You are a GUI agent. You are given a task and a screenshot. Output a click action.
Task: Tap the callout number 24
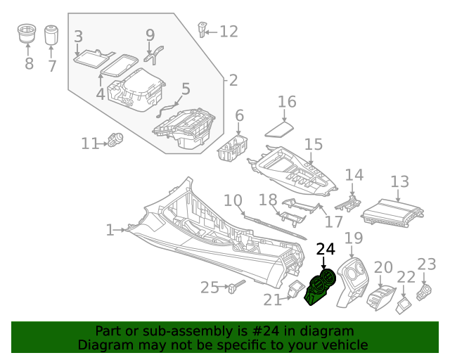point(326,249)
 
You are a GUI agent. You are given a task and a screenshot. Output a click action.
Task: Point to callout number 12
point(229,32)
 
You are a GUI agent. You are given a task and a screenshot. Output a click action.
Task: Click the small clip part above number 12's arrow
point(203,30)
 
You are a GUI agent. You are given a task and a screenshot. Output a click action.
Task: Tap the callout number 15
point(313,144)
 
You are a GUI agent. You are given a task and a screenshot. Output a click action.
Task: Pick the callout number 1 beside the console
point(110,230)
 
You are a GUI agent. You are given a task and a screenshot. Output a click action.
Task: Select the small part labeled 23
point(425,291)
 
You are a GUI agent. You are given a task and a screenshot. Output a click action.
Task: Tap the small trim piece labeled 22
point(404,303)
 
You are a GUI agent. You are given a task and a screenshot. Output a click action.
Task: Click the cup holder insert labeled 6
point(233,150)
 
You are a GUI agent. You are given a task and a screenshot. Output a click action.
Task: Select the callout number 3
point(78,37)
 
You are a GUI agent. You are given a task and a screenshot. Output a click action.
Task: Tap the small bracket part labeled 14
point(347,202)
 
